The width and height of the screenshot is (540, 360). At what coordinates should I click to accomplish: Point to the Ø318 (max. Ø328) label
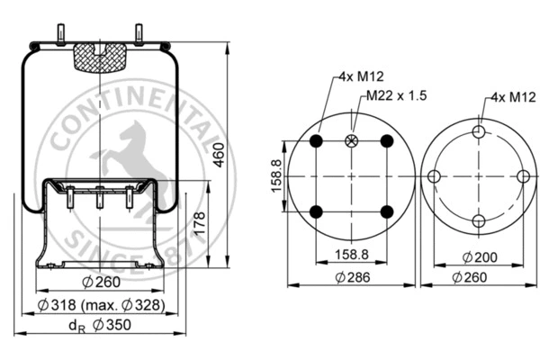101,304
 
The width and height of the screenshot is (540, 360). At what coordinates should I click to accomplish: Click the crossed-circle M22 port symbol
350,141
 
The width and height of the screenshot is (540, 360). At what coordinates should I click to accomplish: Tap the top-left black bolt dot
315,141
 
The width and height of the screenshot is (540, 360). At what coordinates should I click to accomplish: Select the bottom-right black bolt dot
386,211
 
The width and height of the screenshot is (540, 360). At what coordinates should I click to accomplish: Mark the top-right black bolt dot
386,141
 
